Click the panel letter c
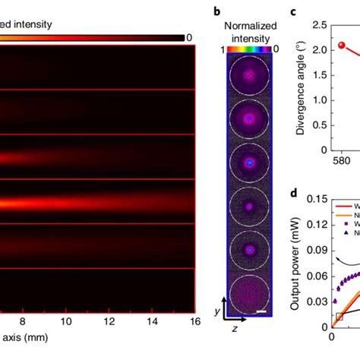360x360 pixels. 294,11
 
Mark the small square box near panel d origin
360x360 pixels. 339,315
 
